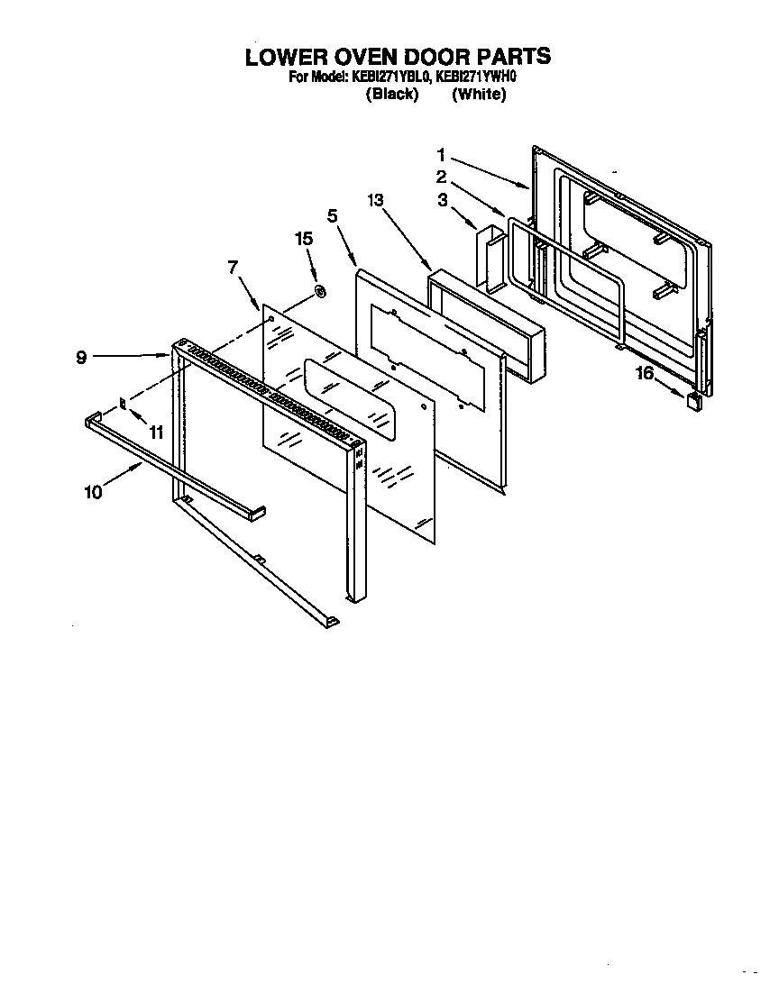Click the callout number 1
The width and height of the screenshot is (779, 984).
click(442, 155)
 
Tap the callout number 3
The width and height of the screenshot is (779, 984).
click(442, 200)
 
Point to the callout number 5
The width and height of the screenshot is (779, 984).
click(332, 215)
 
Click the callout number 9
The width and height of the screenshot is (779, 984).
click(81, 358)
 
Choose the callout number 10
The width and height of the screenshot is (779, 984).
click(92, 491)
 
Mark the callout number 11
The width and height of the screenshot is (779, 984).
click(156, 433)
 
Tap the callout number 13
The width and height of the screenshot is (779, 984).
click(375, 201)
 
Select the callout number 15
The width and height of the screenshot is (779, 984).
click(304, 239)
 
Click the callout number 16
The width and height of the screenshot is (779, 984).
click(646, 373)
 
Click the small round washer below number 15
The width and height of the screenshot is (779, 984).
click(319, 291)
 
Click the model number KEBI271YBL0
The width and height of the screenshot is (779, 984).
click(395, 77)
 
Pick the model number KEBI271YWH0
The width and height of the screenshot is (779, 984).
click(475, 77)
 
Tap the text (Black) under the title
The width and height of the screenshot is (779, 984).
click(392, 94)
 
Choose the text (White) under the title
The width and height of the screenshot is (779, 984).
click(479, 94)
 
